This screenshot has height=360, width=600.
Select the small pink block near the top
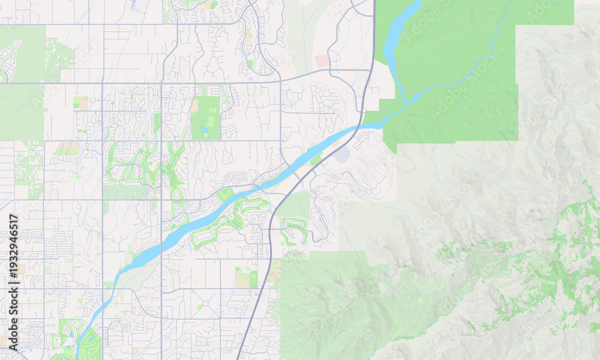[x=322, y=61]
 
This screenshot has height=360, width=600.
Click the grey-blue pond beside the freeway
[x=342, y=155]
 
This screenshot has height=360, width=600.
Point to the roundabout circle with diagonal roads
[x=206, y=304]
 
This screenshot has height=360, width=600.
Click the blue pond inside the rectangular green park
[x=205, y=129]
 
